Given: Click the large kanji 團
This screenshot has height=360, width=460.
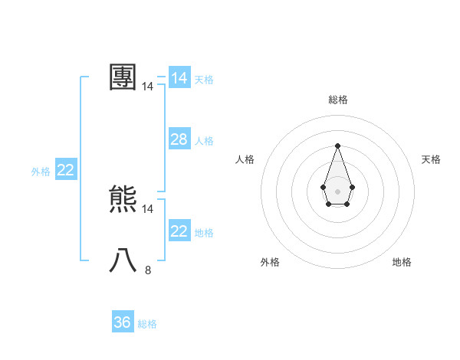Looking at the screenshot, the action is click(123, 77).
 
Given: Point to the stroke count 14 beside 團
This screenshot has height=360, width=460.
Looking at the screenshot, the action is click(147, 87).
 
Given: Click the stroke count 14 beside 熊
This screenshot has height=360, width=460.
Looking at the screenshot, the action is click(147, 208).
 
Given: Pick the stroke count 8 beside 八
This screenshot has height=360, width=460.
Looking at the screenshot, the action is click(147, 270).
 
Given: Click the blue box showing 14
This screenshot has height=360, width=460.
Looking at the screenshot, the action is click(179, 78).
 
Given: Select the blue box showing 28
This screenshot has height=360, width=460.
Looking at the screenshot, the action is click(179, 139).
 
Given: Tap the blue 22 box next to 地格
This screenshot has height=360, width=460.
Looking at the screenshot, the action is click(179, 231).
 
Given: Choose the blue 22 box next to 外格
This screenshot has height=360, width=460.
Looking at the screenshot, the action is click(65, 170).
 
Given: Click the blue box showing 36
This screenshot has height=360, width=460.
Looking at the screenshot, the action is click(123, 322).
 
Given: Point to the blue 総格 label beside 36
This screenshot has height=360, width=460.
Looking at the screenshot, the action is click(147, 324).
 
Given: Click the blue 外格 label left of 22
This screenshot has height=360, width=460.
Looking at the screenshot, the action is click(41, 172).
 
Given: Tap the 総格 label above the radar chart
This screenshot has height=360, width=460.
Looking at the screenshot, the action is click(337, 100).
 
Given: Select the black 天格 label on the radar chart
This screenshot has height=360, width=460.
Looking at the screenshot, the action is click(431, 159).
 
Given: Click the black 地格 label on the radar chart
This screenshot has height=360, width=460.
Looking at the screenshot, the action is click(402, 262).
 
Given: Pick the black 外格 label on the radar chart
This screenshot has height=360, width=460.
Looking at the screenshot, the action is click(270, 262).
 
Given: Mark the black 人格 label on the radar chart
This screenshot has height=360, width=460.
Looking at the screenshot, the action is click(245, 159).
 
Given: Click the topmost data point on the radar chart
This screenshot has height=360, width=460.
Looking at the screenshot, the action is click(337, 146).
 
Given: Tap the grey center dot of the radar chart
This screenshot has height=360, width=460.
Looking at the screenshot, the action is click(337, 191).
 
